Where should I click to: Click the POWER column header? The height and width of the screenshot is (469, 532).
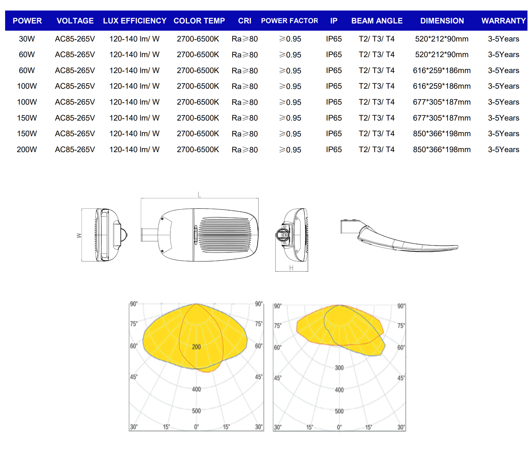[x=27, y=21]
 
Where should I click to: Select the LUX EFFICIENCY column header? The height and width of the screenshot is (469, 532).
[x=135, y=21]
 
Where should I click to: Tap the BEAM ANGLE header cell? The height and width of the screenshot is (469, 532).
[x=377, y=21]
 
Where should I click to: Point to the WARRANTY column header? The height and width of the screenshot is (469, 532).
[x=503, y=21]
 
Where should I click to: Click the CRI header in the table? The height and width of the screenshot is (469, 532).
[x=244, y=21]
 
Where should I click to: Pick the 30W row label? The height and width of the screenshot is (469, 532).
[x=27, y=39]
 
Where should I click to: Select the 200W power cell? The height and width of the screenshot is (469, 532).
[x=27, y=149]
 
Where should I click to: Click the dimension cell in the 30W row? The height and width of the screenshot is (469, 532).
[x=442, y=39]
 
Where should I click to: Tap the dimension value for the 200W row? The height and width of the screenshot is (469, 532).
[x=442, y=149]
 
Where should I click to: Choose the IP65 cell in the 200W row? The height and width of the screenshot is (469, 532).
[x=334, y=149]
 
